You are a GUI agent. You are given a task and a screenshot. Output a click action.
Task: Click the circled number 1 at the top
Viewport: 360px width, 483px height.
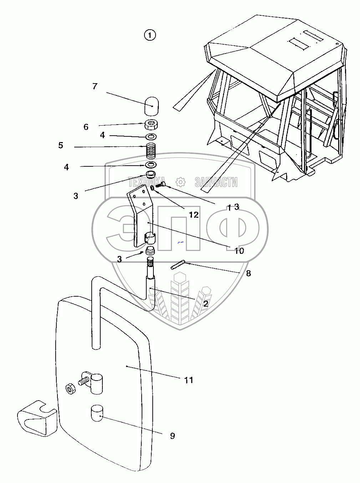150,35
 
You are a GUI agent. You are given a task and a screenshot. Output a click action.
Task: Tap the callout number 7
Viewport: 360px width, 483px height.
95,86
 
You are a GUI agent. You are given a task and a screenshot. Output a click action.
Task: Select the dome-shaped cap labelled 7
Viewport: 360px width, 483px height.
152,105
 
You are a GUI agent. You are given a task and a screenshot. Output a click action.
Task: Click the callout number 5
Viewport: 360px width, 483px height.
61,146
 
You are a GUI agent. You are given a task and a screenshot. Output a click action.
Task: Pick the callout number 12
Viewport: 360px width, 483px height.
194,215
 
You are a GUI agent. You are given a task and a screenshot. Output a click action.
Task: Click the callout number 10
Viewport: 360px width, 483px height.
239,251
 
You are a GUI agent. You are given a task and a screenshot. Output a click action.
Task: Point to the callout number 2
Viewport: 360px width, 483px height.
206,304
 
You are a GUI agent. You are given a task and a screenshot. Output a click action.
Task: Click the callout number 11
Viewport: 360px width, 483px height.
189,380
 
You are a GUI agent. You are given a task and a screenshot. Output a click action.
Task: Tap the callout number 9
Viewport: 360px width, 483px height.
172,436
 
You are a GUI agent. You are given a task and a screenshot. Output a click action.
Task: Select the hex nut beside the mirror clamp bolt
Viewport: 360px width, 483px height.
70,388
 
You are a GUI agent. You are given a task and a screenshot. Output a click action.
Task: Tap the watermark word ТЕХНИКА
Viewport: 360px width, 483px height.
147,182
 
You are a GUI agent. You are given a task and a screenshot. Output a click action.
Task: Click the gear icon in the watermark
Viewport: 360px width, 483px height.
181,182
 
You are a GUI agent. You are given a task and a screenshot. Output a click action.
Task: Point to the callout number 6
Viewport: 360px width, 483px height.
86,127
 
